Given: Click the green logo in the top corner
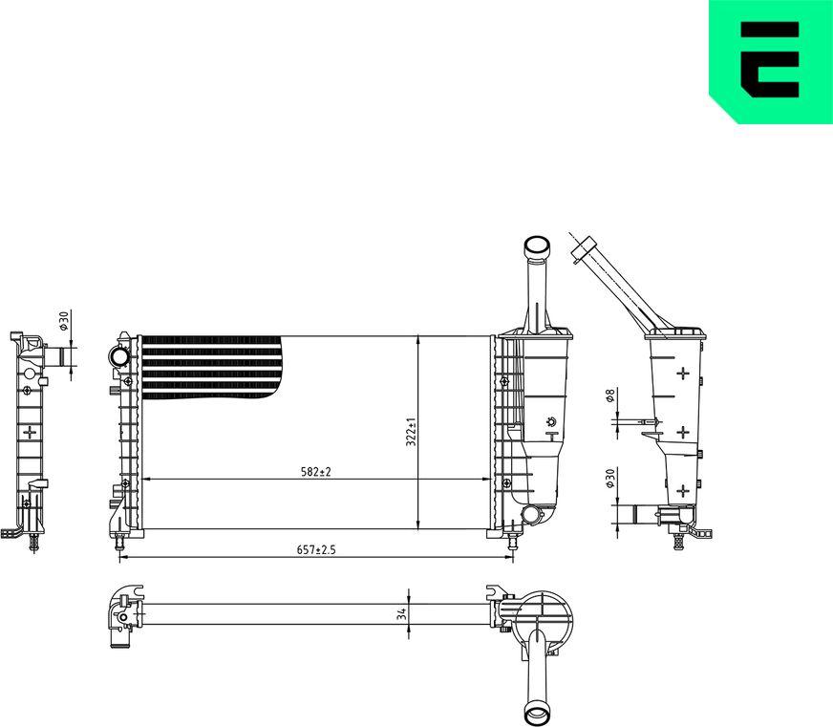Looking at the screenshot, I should click(x=770, y=61).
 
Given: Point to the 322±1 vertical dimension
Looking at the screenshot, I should click(x=411, y=432).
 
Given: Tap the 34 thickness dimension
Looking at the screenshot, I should click(x=401, y=614).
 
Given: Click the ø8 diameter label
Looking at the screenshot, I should click(x=610, y=396).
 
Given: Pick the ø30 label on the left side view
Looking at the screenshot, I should click(x=63, y=321).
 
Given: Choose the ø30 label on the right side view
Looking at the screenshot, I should click(x=610, y=478).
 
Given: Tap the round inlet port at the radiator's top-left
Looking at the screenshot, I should click(x=119, y=358).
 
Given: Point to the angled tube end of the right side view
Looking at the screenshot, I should click(x=579, y=250).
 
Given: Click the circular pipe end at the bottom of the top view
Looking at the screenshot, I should click(x=537, y=714).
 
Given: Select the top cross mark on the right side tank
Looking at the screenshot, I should click(x=683, y=373).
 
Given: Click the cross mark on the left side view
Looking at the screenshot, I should click(x=30, y=432).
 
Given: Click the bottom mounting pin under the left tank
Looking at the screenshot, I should click(x=119, y=543).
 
